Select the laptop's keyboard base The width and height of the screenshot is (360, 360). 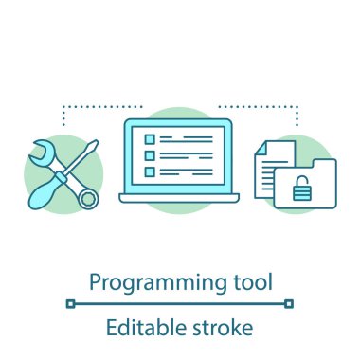point(179,197)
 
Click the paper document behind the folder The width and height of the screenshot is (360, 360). point(267,166)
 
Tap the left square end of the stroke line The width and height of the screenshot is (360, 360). point(69,304)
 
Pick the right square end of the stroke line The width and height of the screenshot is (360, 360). point(290,304)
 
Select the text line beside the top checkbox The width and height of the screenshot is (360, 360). point(186,138)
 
